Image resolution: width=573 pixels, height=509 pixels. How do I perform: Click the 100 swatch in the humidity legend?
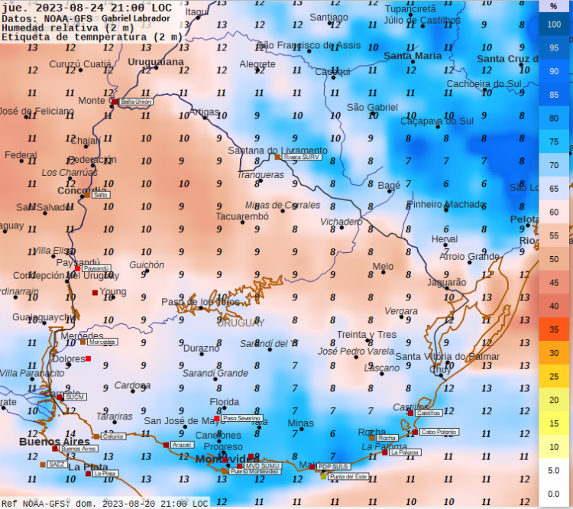pos(555,24)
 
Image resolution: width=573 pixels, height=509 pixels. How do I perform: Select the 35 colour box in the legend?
pos(555,329)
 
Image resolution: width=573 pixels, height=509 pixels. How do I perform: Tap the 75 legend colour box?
pos(555,142)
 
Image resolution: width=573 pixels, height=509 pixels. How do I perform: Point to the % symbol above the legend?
pos(554,6)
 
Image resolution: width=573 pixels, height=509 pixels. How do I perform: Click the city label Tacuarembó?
pos(242,216)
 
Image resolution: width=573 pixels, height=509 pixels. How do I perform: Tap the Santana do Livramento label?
pos(277,151)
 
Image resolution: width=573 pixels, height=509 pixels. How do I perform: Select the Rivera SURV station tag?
pos(301,157)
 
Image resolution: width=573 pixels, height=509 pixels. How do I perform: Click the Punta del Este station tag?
pos(348,476)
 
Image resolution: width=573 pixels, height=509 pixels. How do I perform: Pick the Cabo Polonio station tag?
pos(439,432)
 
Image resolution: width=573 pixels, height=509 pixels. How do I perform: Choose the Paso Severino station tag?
pos(241,419)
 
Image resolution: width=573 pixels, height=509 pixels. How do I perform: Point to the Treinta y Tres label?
pos(367,335)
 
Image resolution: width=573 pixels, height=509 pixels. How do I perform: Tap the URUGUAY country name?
pos(240,323)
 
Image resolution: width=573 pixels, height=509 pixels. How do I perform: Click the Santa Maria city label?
pos(413,56)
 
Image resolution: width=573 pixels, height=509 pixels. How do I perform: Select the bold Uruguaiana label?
pos(156,61)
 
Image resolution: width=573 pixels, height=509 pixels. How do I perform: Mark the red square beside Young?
pos(95,293)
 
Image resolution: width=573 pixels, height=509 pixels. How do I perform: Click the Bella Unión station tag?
pos(137,101)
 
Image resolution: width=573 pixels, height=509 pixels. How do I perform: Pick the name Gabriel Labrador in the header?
pos(137,18)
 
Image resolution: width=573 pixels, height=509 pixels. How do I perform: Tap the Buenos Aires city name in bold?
pos(54,442)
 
